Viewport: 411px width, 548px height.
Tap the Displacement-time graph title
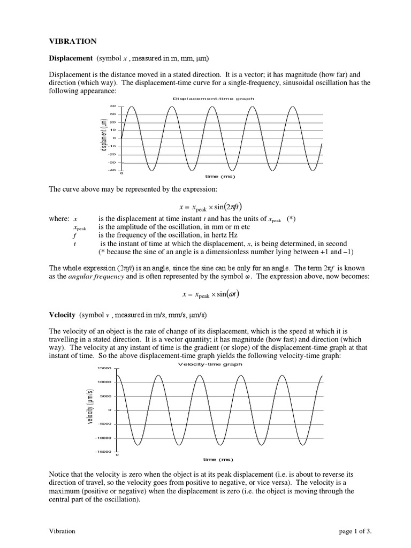pyautogui.click(x=214, y=99)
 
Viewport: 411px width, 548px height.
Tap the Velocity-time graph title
pyautogui.click(x=209, y=364)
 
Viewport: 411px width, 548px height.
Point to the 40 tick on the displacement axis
pyautogui.click(x=112, y=106)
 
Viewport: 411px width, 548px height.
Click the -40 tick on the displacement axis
pyautogui.click(x=111, y=170)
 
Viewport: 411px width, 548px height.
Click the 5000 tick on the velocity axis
pyautogui.click(x=106, y=396)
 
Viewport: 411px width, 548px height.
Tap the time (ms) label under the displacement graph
pyautogui.click(x=220, y=176)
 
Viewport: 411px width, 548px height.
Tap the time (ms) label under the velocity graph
pyautogui.click(x=218, y=459)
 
